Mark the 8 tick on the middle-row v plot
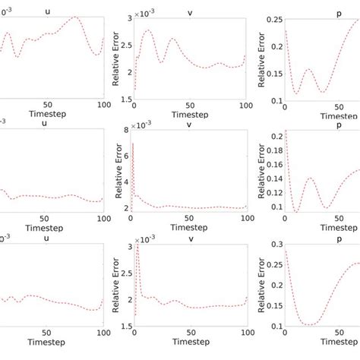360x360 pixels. coord(126,131)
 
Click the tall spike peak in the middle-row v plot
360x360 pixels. coord(134,143)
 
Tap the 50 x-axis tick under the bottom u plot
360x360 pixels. coord(47,336)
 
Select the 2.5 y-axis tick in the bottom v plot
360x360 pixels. coord(125,273)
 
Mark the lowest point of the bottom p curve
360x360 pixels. coord(311,324)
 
